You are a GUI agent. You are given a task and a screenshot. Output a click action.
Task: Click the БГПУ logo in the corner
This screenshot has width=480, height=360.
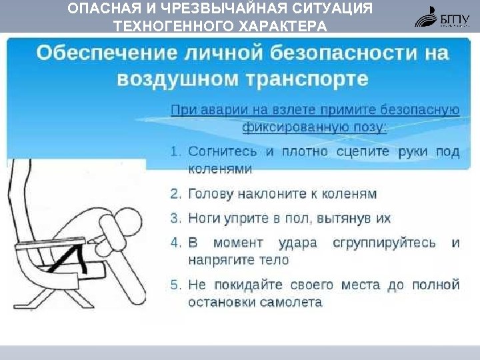pos(443,16)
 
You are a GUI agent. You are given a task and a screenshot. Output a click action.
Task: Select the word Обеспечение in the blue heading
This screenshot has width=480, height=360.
pos(107,53)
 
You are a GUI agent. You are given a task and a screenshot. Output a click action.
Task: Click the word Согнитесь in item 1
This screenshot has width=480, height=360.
pos(223,151)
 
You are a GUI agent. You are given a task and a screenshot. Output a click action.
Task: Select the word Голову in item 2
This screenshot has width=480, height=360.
pos(211,194)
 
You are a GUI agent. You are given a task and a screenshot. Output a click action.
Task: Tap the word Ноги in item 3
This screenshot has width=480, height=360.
pos(204,218)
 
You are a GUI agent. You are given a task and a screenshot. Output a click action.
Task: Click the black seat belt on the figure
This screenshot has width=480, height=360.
pos(77,256)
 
